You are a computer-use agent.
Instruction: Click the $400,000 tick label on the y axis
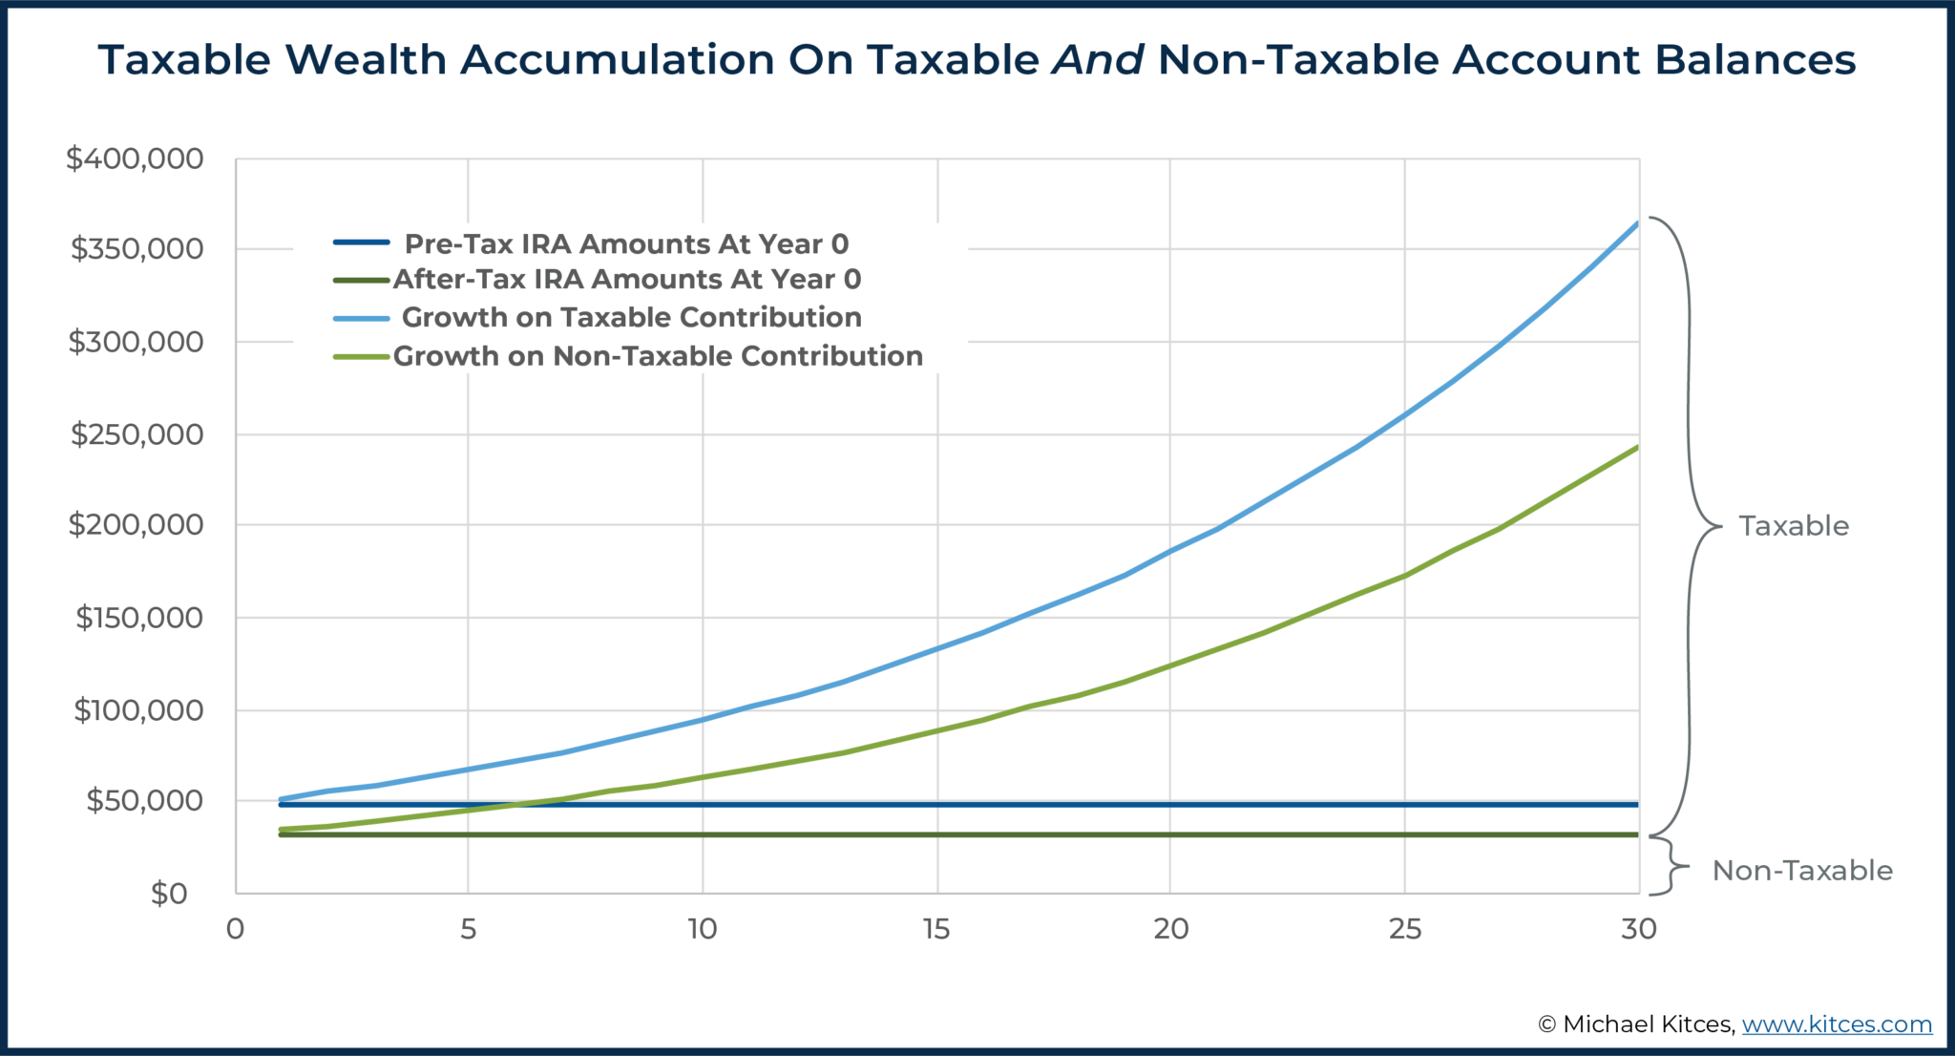135,158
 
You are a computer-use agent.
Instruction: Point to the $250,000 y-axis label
137,434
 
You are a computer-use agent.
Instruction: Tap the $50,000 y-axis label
144,800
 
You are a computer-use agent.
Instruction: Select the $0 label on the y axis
169,894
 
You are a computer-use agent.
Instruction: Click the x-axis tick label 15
936,929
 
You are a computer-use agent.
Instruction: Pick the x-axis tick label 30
1638,929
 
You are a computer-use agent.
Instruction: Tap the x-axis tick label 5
468,929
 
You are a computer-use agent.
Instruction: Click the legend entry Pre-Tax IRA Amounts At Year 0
626,243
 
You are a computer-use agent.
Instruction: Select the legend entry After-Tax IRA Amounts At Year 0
626,279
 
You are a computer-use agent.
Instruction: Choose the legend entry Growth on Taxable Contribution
631,317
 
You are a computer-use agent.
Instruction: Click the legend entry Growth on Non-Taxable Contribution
658,356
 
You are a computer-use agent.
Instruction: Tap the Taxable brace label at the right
1793,526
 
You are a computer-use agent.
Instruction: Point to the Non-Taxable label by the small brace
1801,871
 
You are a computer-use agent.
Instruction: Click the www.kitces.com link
1837,1024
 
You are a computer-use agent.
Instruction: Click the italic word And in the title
1098,60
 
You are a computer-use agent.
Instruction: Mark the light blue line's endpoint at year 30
1637,223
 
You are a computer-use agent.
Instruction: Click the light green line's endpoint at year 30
1637,447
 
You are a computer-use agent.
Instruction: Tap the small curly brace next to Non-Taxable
1671,867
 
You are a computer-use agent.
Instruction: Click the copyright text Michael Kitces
1647,1024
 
